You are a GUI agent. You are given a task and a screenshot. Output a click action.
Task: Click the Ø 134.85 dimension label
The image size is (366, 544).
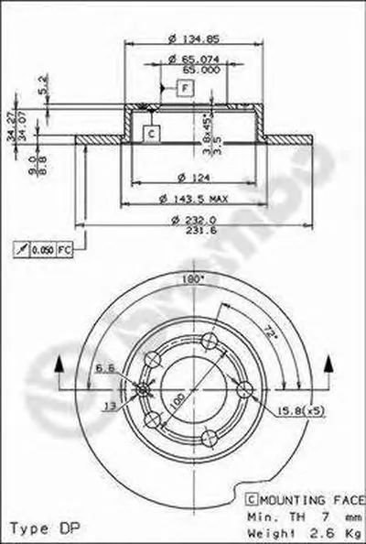point(193,38)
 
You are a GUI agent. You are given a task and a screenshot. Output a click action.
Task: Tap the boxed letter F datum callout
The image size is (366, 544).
point(186,87)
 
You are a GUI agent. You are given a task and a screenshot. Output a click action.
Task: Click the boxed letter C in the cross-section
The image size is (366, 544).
point(152,133)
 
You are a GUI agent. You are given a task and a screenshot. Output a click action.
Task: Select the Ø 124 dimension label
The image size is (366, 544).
point(193,176)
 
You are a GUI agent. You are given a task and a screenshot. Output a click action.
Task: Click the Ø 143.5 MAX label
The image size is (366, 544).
point(193,197)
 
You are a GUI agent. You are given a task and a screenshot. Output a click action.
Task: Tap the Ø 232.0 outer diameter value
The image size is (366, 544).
point(193,219)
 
